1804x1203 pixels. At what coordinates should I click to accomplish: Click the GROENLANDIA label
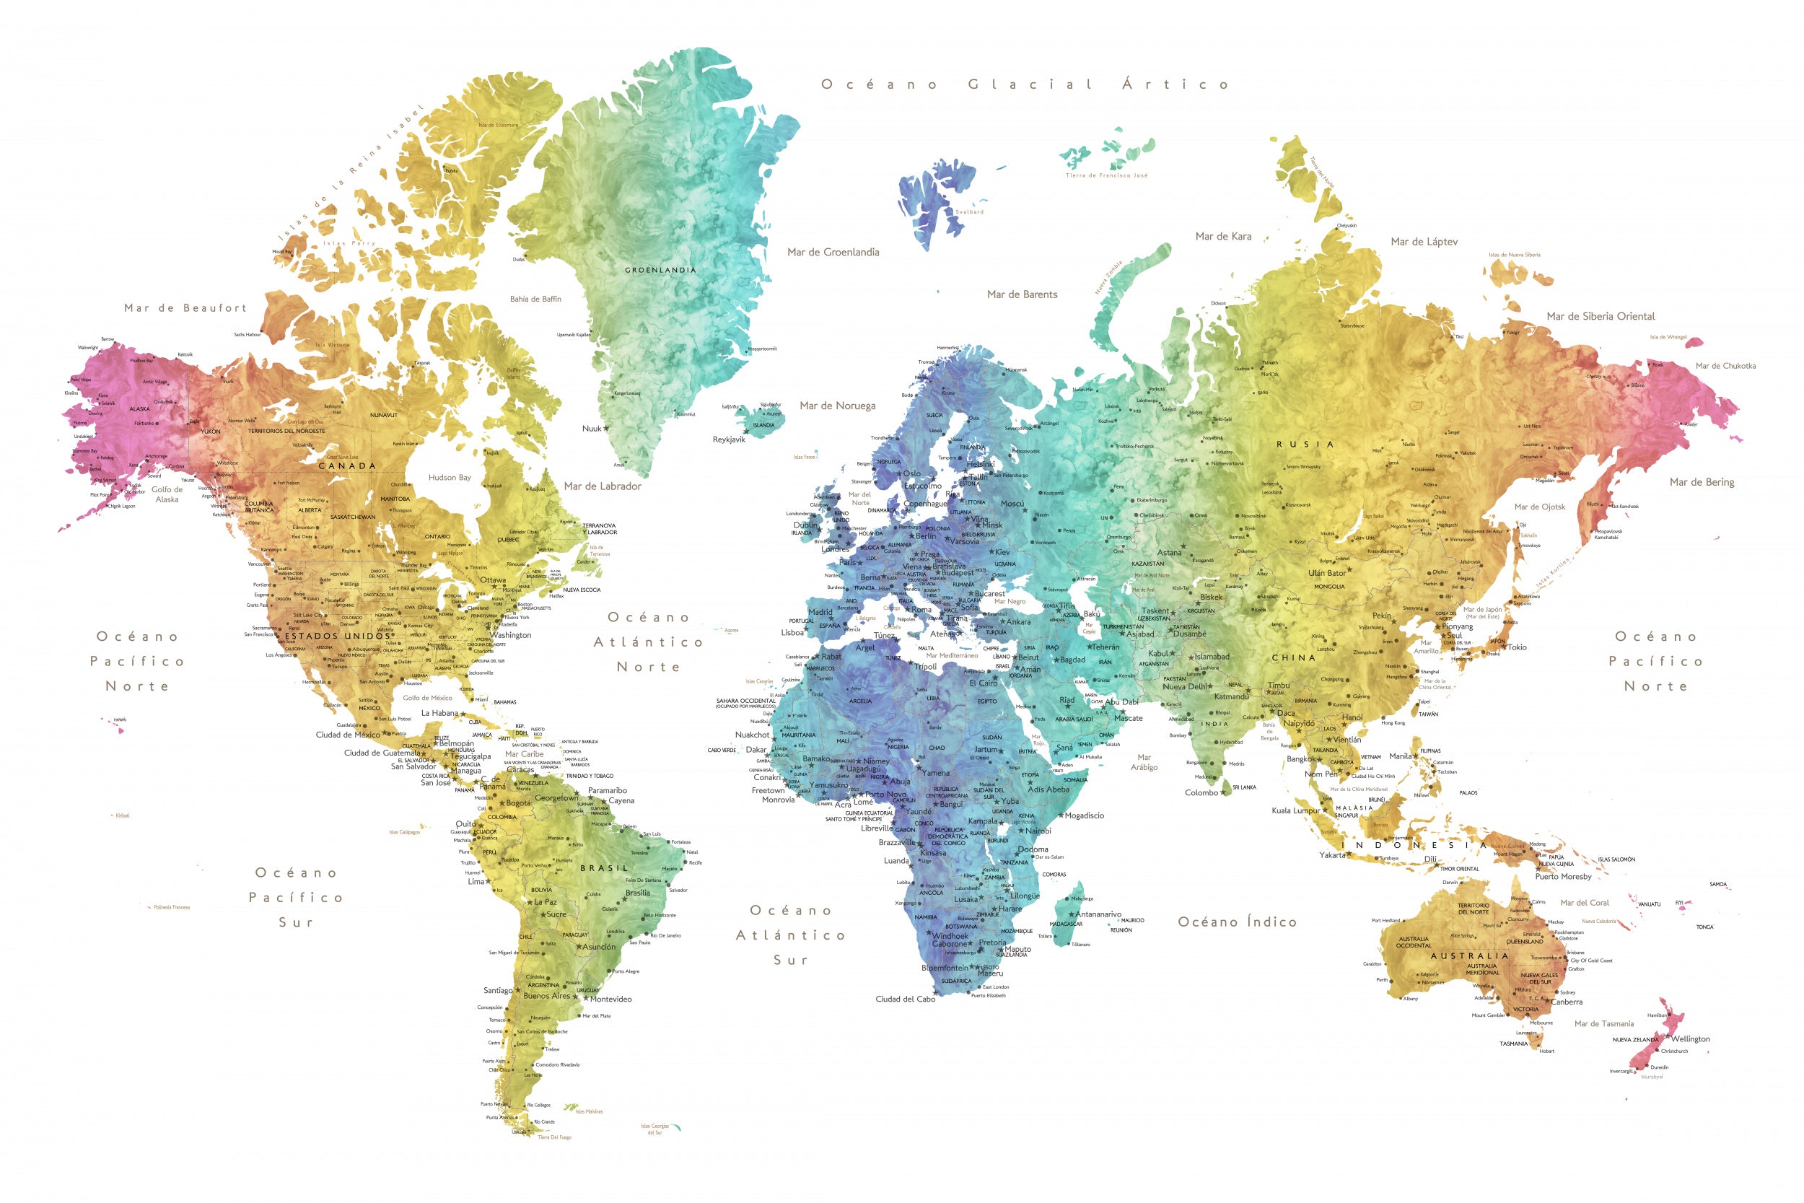coord(660,270)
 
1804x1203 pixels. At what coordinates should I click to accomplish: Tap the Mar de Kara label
coord(1222,236)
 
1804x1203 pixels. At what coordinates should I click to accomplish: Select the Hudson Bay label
coord(450,477)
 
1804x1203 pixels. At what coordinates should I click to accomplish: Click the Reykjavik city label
coord(729,439)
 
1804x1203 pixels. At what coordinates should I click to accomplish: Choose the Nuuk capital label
coord(592,429)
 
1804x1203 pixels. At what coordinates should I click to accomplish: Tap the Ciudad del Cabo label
coord(905,999)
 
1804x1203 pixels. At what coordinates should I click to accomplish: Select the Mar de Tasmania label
coord(1604,1023)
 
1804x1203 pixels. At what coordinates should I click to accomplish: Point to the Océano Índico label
coord(1237,922)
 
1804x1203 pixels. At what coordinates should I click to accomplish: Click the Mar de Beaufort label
coord(185,307)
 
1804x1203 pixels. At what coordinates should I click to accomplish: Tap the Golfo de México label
coord(427,697)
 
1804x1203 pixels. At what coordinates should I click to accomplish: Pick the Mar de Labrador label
coord(602,486)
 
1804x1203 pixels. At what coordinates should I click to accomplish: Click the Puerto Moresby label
coord(1563,876)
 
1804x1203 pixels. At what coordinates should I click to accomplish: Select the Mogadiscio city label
coord(1084,815)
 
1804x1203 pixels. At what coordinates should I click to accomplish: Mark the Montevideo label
coord(610,999)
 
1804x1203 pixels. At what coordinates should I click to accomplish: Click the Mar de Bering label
coord(1702,482)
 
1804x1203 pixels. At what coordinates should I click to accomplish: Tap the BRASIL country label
coord(604,867)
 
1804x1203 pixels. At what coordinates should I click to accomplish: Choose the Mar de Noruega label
coord(837,405)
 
